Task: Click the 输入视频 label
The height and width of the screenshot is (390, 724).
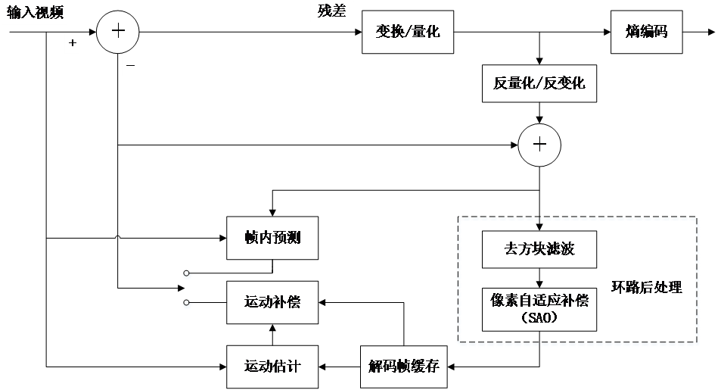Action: click(35, 13)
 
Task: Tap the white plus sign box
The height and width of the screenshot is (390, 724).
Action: click(72, 43)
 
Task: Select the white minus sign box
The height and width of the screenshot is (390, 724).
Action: click(130, 67)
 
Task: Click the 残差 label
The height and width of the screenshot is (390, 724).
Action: click(332, 12)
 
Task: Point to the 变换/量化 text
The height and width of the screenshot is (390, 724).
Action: click(408, 32)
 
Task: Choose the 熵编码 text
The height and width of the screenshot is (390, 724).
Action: click(647, 32)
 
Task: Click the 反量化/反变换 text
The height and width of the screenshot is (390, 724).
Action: click(539, 83)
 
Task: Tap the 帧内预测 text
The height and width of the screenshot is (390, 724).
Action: click(272, 238)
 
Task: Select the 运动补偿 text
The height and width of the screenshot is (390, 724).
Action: click(272, 303)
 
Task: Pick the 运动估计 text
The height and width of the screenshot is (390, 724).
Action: click(272, 367)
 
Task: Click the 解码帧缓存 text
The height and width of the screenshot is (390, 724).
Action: click(403, 367)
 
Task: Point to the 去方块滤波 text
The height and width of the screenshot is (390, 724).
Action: click(539, 248)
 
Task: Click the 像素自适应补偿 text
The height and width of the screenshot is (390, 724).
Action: click(539, 301)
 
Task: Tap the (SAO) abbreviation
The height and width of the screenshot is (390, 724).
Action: click(539, 318)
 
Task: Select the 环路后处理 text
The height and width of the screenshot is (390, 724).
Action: click(647, 287)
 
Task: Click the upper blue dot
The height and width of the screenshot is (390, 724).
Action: click(187, 276)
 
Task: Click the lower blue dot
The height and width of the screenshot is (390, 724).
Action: click(187, 304)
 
